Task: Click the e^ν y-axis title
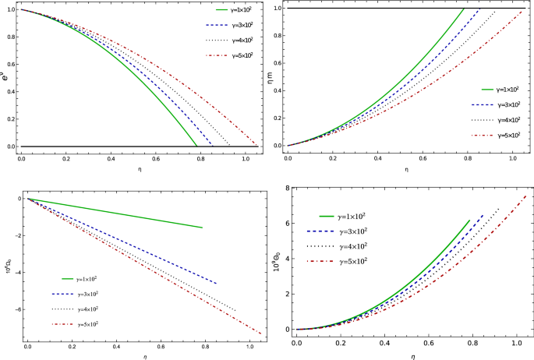click(x=6, y=76)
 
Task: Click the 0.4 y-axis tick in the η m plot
click(x=278, y=91)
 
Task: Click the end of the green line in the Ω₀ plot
click(x=202, y=228)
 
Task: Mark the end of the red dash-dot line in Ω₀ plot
click(x=262, y=334)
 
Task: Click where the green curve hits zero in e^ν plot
click(x=196, y=146)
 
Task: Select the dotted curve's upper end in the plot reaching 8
click(x=498, y=208)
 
